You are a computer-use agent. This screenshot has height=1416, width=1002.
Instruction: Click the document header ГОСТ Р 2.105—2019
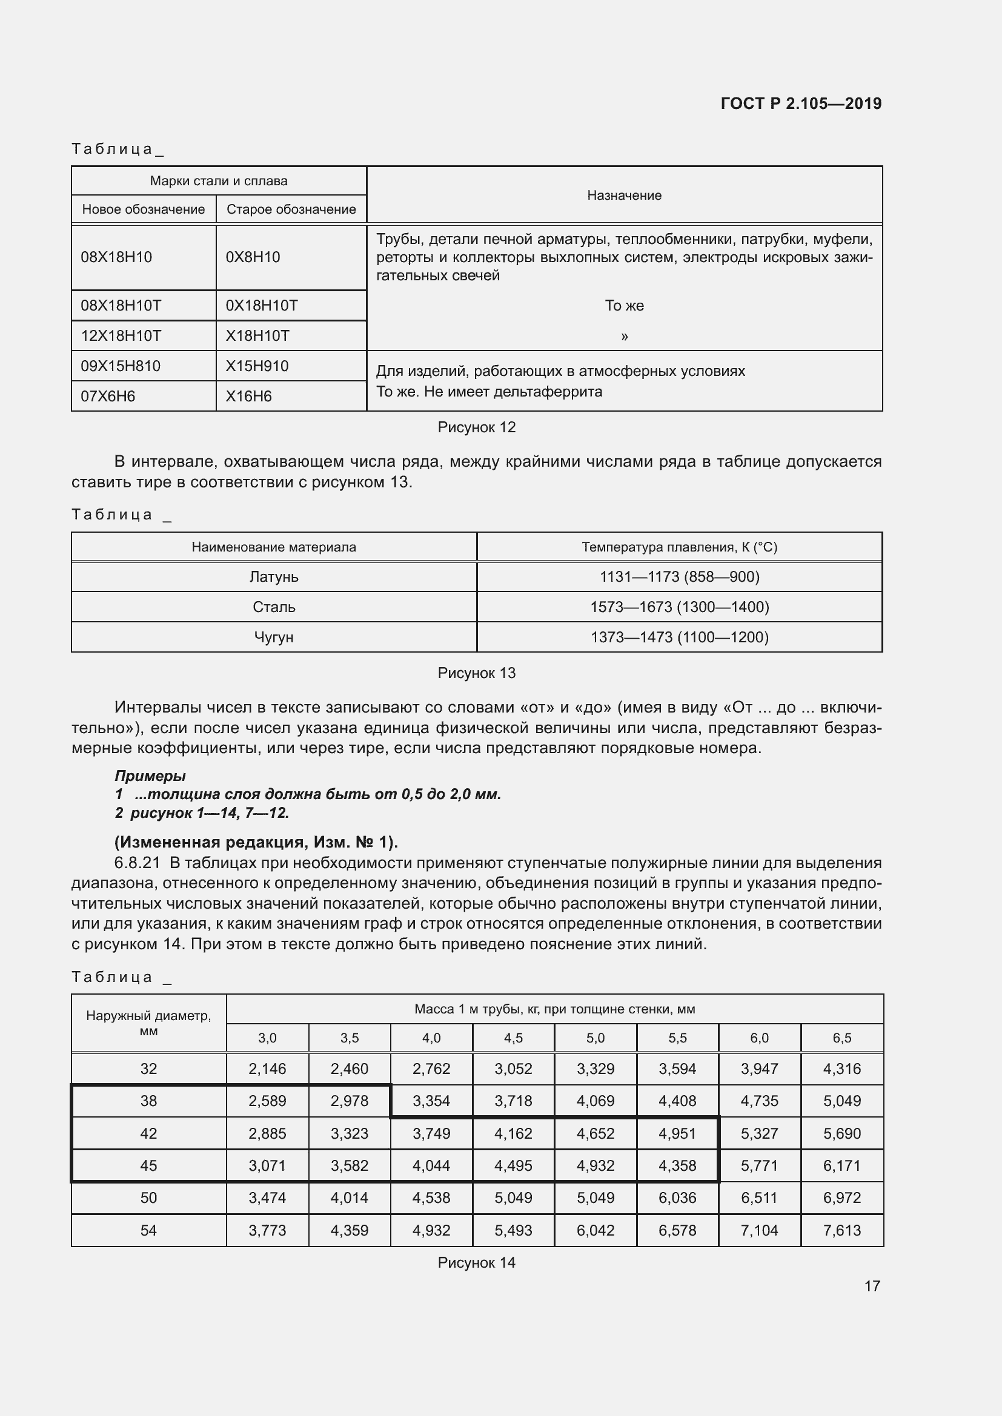800,104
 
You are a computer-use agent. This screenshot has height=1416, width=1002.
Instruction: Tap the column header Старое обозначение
291,209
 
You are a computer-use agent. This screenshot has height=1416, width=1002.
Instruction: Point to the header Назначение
624,195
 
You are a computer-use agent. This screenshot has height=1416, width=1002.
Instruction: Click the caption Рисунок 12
476,427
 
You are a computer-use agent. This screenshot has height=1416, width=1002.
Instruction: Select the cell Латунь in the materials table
274,577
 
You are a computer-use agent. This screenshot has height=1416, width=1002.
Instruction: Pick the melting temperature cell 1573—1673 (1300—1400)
679,607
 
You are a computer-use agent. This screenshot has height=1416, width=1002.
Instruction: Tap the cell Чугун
274,637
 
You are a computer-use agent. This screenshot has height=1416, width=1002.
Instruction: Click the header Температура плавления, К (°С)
679,547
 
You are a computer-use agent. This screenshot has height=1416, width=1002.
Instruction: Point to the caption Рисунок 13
476,673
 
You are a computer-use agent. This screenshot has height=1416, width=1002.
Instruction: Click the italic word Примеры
150,776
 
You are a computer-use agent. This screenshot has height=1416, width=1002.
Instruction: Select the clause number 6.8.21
137,863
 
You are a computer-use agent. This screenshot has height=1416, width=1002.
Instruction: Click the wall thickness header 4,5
513,1038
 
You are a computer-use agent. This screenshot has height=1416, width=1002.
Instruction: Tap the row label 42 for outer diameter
148,1133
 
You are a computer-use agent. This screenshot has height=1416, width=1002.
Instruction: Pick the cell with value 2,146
267,1069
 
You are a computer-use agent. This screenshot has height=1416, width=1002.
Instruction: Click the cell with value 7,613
841,1230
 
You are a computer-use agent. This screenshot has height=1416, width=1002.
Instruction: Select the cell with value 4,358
677,1165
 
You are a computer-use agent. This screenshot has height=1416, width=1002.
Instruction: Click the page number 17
872,1286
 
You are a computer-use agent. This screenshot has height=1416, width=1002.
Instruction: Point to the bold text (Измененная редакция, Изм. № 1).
256,843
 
